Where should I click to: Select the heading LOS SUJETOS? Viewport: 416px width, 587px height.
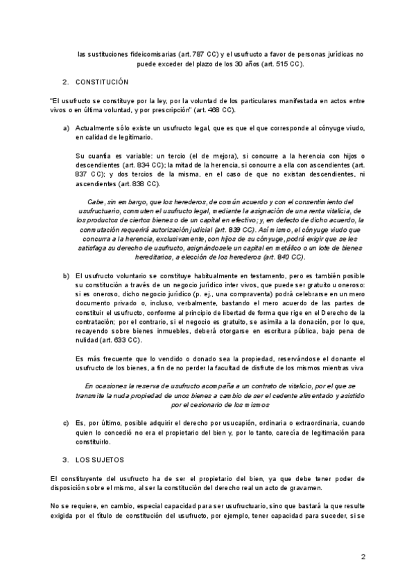tap(100, 460)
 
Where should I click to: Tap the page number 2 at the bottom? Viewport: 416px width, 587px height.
tap(363, 557)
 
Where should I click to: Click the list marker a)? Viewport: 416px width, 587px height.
tap(67, 129)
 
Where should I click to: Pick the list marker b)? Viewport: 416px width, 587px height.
tap(67, 276)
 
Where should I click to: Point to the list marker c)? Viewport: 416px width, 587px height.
tap(67, 423)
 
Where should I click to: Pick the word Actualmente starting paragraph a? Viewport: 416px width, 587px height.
tap(96, 129)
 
